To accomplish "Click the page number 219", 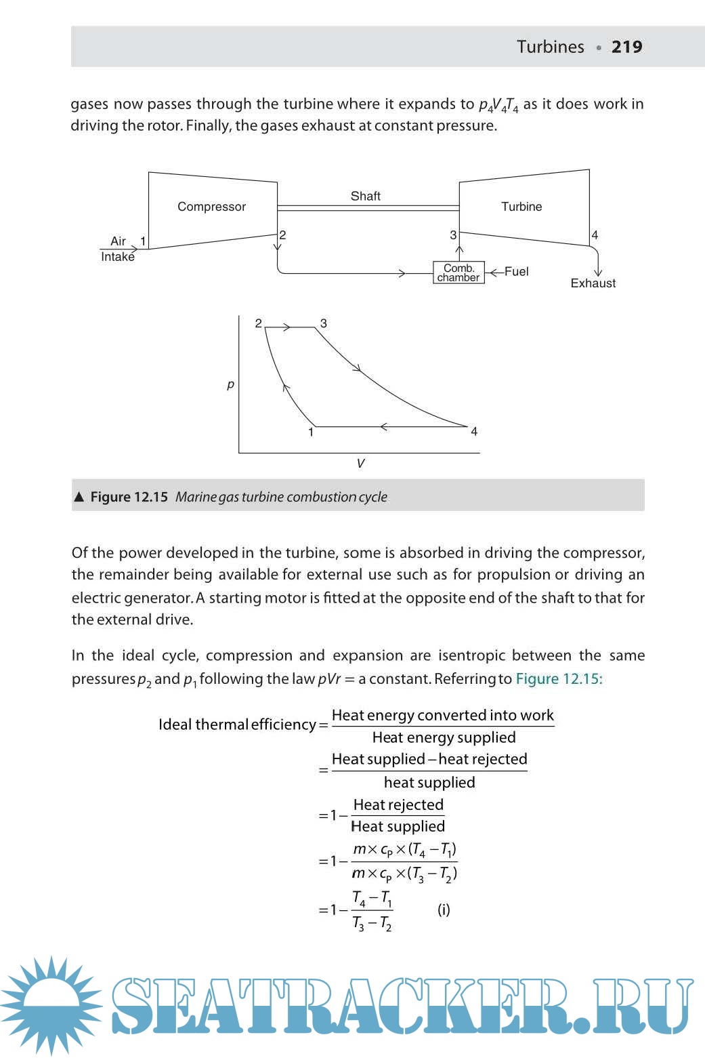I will (626, 47).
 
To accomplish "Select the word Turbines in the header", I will (550, 47).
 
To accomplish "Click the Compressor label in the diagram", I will (211, 207).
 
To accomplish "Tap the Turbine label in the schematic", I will (521, 207).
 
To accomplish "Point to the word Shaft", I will (365, 196).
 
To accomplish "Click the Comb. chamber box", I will (458, 272).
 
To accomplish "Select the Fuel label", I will (516, 271).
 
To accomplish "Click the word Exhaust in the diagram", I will (593, 283).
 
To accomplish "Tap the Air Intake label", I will (118, 249).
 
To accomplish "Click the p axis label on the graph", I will (230, 384).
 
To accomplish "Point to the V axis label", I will (360, 464).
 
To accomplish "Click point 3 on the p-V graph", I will (324, 323).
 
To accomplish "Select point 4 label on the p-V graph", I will (474, 432).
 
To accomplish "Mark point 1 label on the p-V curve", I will (311, 432).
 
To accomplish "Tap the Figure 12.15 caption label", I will (129, 497).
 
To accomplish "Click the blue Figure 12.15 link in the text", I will (559, 678).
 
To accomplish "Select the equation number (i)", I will (444, 910).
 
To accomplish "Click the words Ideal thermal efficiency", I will (237, 725).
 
